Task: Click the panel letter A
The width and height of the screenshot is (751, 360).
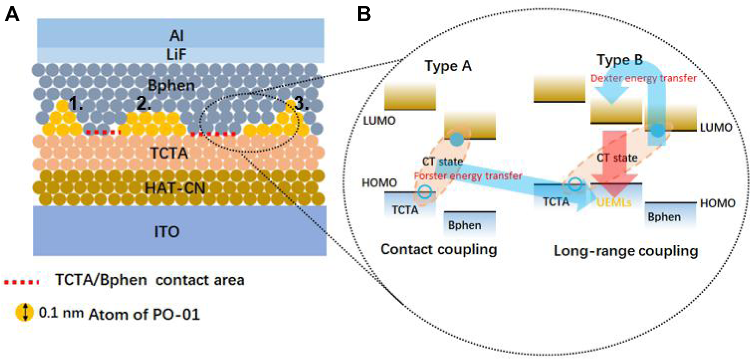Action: [12, 14]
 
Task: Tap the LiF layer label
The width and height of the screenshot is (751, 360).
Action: [180, 53]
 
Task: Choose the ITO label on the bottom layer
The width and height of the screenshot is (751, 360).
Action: [180, 231]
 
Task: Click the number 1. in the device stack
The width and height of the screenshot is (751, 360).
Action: [76, 104]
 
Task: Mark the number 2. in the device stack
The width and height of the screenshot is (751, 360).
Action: [145, 104]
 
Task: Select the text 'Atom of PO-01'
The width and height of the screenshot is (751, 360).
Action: [124, 315]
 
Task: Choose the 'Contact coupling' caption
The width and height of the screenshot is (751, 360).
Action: [439, 250]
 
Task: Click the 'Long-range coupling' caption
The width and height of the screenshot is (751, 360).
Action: [625, 251]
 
